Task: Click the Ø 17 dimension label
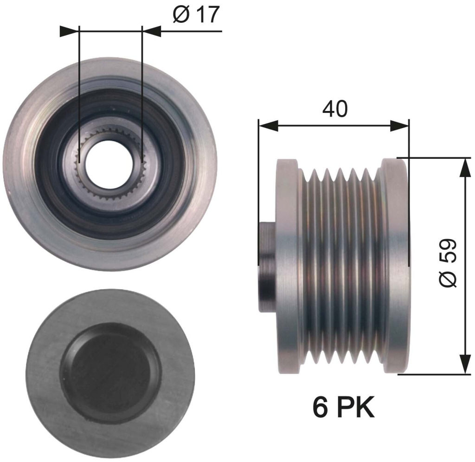196,14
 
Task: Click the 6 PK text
344,407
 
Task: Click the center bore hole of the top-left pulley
110,164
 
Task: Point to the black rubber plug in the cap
110,373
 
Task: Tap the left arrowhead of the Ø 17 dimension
70,31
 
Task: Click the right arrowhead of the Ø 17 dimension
152,31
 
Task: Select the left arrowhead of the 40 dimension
269,125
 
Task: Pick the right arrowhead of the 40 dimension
399,125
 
